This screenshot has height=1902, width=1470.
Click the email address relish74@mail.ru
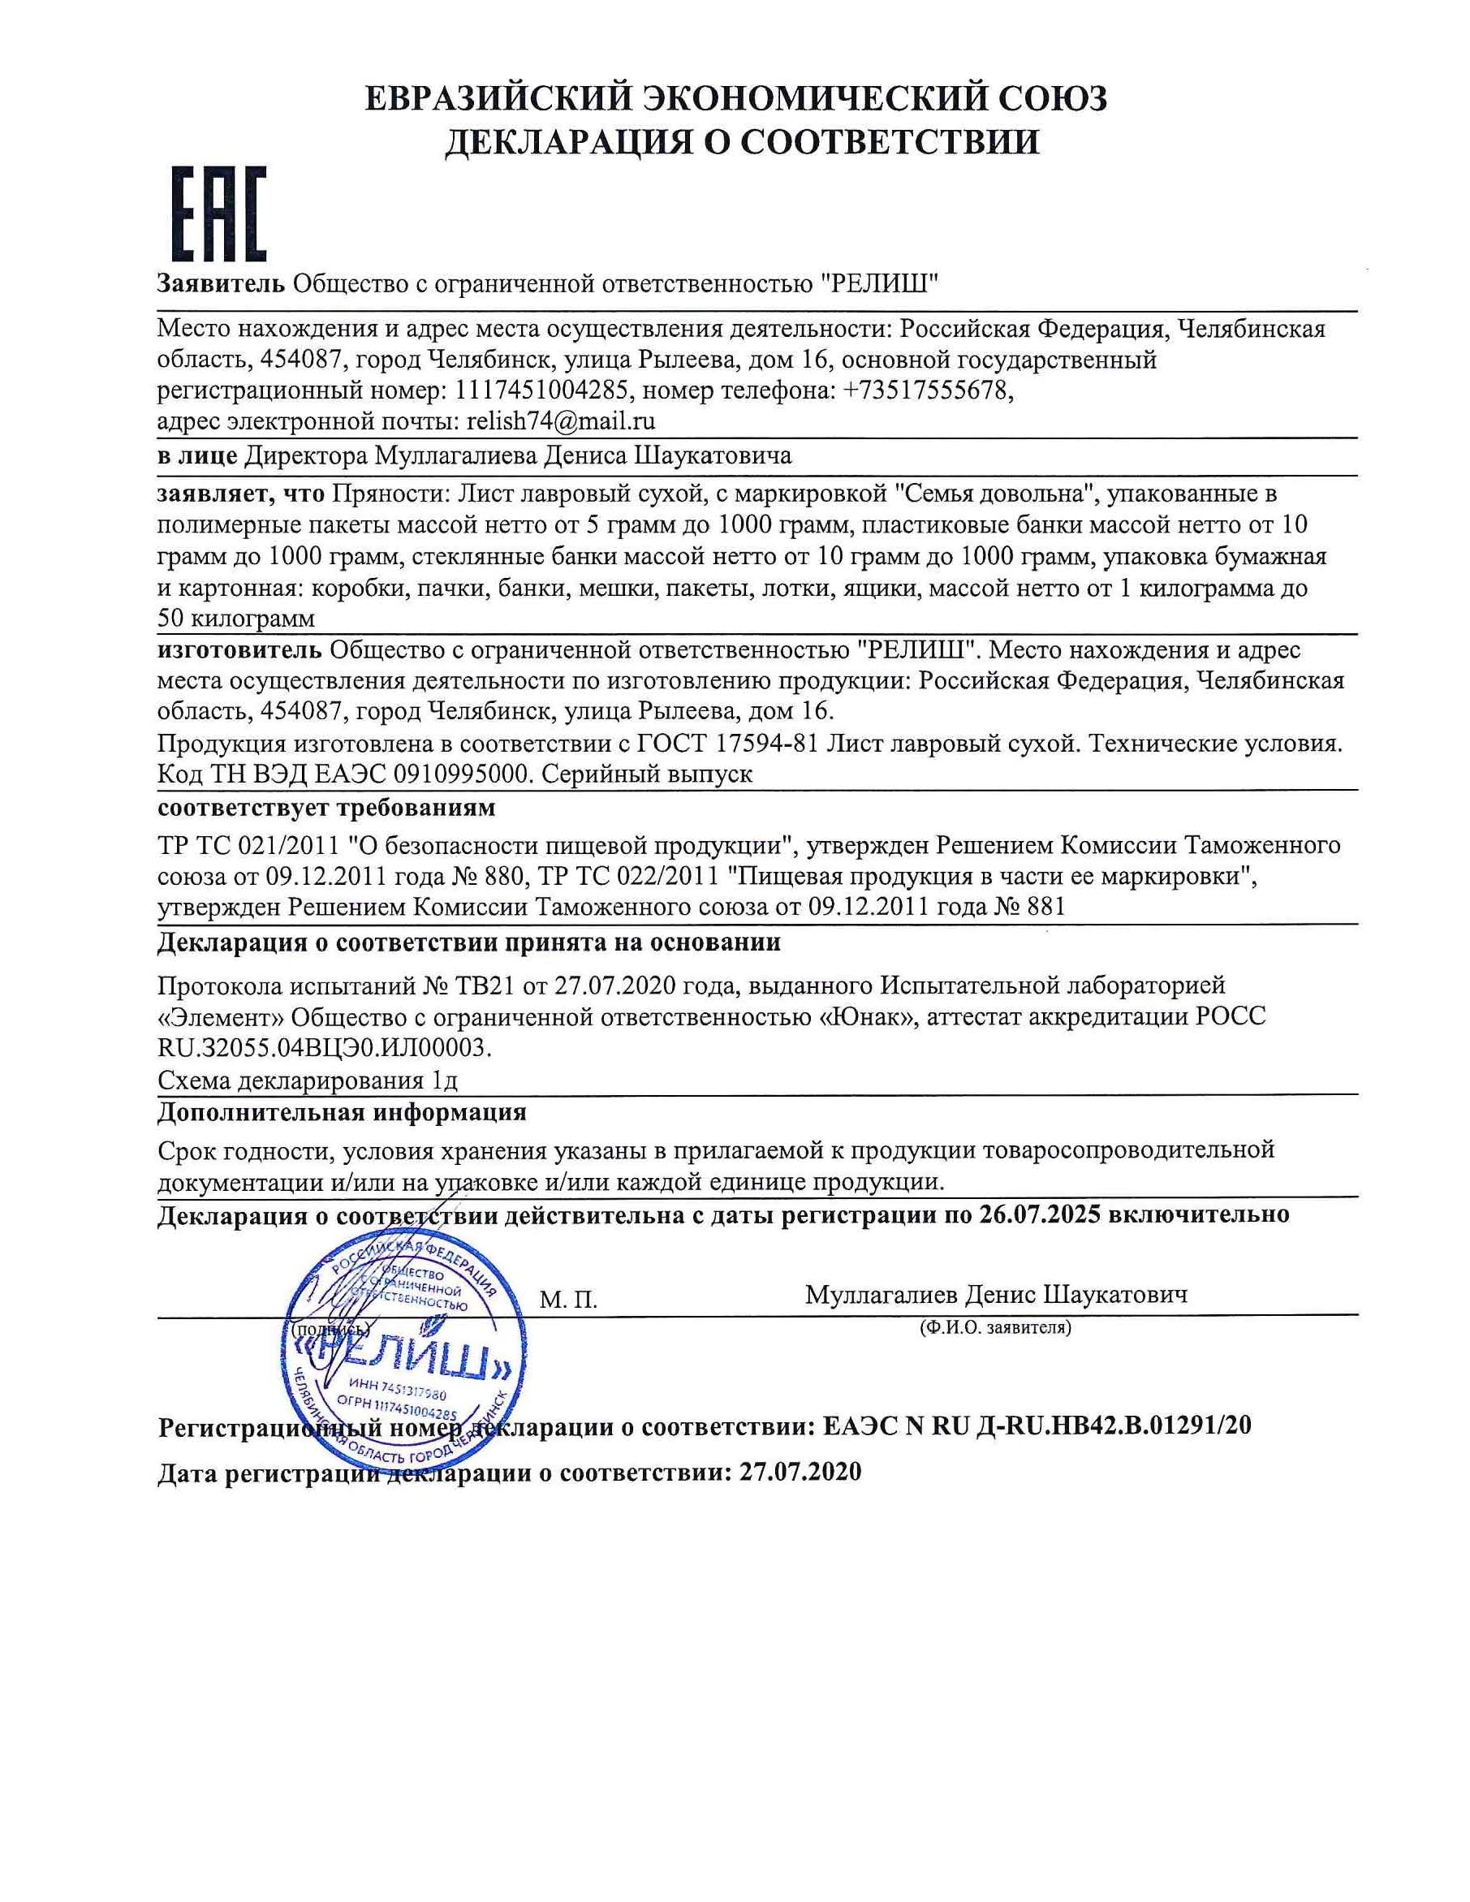tap(561, 421)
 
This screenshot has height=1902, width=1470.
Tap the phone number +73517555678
tap(928, 391)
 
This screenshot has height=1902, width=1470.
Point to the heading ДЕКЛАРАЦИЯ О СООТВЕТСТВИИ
tap(742, 142)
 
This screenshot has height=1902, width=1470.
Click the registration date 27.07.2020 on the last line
tap(800, 1472)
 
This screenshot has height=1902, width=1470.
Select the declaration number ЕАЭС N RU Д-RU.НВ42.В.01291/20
tap(1037, 1425)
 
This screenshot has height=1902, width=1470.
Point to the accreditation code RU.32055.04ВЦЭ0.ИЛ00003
tap(324, 1048)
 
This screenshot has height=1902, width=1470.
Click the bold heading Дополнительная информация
tap(342, 1112)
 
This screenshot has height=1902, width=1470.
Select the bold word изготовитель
tap(239, 649)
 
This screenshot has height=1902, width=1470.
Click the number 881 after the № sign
tap(1045, 907)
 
